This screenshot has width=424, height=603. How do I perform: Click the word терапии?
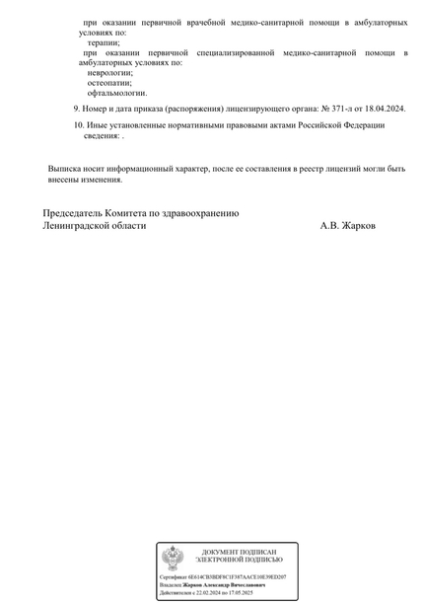click(104, 41)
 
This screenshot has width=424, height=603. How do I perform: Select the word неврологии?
click(109, 72)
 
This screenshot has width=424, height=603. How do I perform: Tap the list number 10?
click(79, 124)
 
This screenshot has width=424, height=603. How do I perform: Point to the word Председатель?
click(78, 213)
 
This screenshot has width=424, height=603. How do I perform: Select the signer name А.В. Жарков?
click(347, 226)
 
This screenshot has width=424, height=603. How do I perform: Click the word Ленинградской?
click(76, 226)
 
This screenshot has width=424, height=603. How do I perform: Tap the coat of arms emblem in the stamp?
click(172, 560)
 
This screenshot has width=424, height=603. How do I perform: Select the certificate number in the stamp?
click(236, 575)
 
